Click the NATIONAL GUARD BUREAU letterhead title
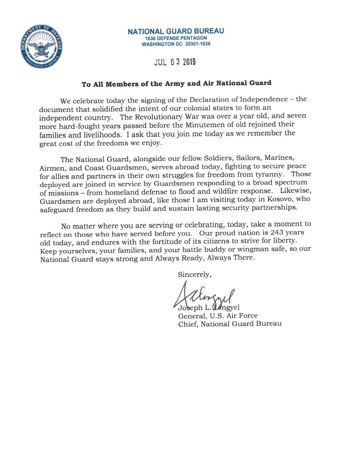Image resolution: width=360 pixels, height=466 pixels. pos(176,31)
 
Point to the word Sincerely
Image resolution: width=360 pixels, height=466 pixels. pos(194,274)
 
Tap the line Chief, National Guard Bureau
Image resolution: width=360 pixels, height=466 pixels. pos(230,324)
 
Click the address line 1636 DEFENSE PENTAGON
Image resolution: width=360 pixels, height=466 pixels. pos(176,38)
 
